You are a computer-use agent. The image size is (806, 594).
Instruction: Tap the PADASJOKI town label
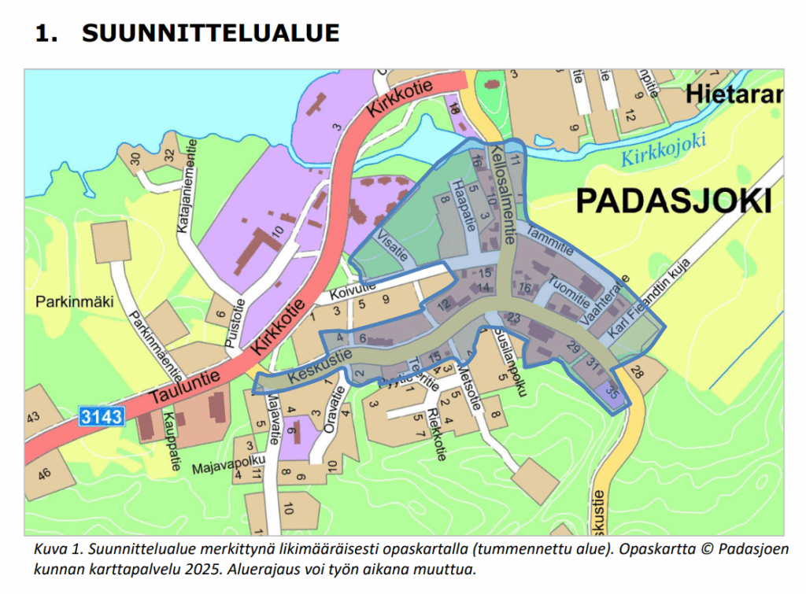click(x=673, y=201)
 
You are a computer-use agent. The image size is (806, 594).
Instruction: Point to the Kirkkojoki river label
click(x=664, y=149)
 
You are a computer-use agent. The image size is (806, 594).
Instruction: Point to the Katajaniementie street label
click(x=189, y=190)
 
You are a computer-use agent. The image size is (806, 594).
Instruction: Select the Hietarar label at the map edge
click(x=734, y=94)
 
